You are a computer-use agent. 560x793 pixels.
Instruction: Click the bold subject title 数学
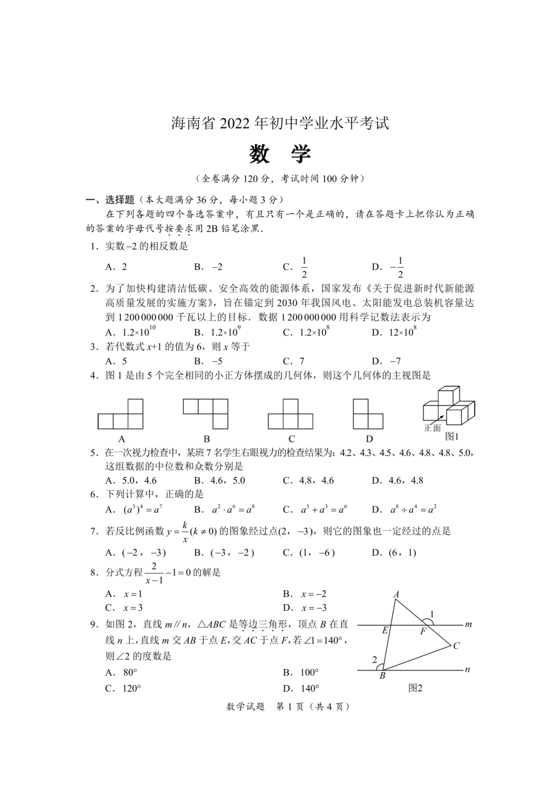[280, 154]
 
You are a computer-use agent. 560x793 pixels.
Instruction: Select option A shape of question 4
[121, 414]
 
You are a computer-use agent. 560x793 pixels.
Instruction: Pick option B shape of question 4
[206, 414]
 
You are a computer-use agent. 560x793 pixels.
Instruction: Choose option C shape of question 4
[290, 414]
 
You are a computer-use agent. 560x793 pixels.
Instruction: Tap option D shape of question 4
[368, 414]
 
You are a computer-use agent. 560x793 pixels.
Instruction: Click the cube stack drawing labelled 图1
[449, 405]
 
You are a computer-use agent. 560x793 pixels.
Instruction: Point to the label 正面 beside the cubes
[432, 428]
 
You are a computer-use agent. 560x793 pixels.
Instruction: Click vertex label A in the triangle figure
[396, 595]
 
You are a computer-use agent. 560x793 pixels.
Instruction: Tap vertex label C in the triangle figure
[456, 646]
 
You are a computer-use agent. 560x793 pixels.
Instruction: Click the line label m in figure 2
[468, 624]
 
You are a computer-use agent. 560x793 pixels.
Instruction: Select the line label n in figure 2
[467, 669]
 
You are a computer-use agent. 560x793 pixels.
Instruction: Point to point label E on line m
[385, 631]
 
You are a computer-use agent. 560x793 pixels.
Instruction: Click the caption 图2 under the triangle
[415, 688]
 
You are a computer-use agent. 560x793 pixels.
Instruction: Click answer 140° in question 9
[310, 688]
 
